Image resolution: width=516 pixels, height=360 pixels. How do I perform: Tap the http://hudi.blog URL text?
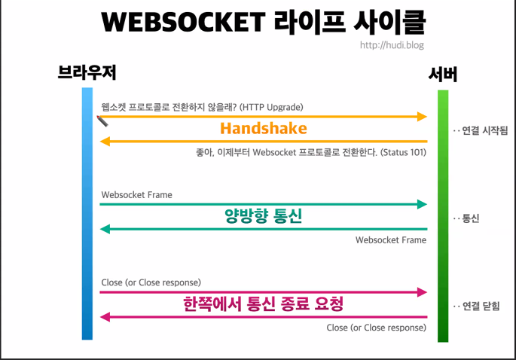click(392, 45)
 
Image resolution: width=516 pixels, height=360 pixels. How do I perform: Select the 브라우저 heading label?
click(87, 73)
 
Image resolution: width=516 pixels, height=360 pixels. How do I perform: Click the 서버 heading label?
click(442, 74)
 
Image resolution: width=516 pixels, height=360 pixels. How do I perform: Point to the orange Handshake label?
click(264, 128)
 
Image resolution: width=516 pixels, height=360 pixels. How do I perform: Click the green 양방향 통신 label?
click(264, 217)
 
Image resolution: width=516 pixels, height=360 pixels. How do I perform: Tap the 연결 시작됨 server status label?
click(483, 130)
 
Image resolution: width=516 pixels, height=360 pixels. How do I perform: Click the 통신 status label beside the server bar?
click(470, 218)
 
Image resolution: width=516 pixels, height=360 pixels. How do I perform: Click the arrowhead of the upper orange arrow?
click(422, 117)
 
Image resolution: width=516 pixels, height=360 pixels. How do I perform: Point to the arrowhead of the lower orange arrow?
click(106, 141)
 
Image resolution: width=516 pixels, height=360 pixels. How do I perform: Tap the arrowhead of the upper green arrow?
click(422, 204)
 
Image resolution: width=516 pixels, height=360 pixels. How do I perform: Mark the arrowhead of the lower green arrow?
click(106, 229)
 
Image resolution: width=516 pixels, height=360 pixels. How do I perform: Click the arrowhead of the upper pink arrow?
click(422, 292)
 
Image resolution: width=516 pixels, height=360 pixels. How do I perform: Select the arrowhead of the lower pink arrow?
click(106, 317)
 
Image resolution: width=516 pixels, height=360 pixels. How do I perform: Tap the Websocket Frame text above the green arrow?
click(136, 194)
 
